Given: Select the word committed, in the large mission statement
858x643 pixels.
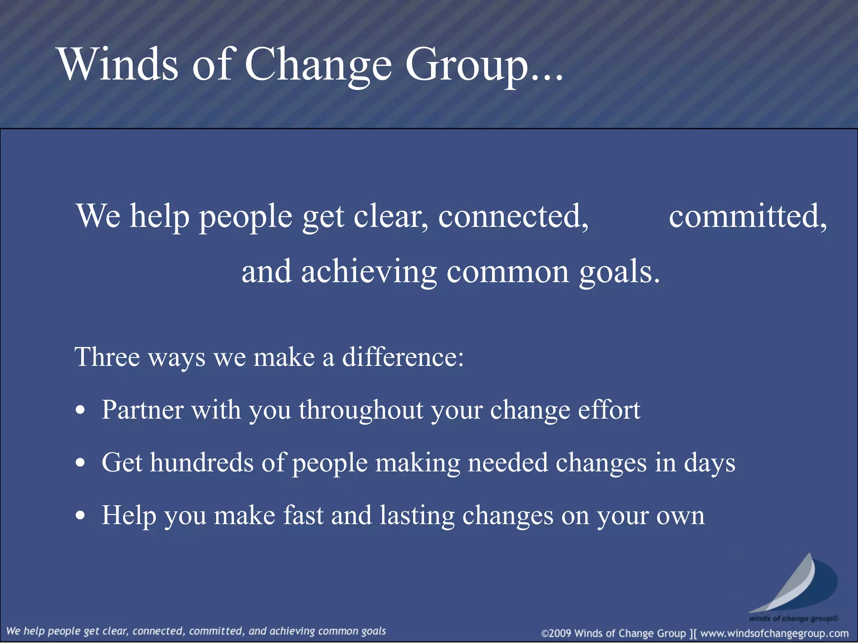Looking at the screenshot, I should tap(748, 216).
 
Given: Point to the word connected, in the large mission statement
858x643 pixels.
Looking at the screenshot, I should tap(513, 216).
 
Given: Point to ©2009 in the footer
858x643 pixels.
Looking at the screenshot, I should tap(556, 633).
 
